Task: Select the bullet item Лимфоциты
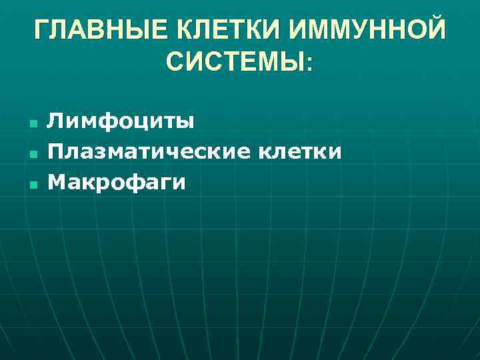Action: pyautogui.click(x=121, y=122)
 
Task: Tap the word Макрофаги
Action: pyautogui.click(x=117, y=182)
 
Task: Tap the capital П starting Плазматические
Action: pyautogui.click(x=55, y=152)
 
